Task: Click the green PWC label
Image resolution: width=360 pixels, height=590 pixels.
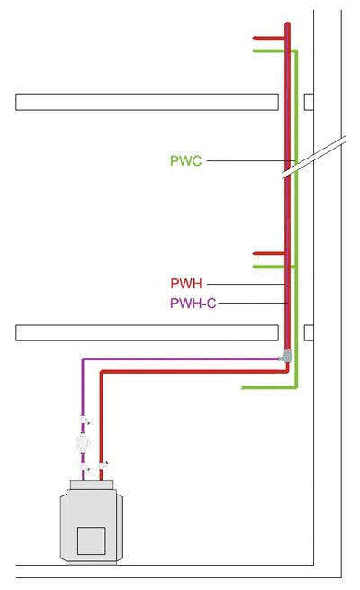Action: click(x=186, y=160)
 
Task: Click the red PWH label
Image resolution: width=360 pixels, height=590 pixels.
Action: click(x=186, y=284)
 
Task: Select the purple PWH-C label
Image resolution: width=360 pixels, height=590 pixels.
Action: click(x=193, y=303)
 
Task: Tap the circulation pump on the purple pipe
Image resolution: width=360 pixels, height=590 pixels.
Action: click(x=83, y=442)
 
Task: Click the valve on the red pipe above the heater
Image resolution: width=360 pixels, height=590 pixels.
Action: click(x=103, y=465)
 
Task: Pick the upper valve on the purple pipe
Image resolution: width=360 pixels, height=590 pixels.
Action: click(x=85, y=420)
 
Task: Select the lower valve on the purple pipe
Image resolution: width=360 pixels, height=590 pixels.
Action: click(x=85, y=467)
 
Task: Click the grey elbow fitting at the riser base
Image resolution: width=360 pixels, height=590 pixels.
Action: click(x=285, y=356)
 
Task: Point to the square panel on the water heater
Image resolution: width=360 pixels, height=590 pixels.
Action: click(x=91, y=540)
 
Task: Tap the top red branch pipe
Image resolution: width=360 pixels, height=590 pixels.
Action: click(x=269, y=38)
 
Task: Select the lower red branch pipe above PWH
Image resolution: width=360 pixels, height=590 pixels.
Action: click(x=269, y=253)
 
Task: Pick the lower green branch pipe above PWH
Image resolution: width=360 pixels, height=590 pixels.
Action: click(x=273, y=267)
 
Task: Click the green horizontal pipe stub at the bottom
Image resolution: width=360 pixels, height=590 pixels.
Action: click(x=269, y=386)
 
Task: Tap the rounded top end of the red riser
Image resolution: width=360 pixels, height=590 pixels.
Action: click(x=287, y=24)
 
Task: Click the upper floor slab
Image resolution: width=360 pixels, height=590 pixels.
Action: click(x=147, y=102)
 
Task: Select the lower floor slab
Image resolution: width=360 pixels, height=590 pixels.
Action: click(x=147, y=332)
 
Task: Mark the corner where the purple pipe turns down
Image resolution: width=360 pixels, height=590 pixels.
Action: click(x=83, y=359)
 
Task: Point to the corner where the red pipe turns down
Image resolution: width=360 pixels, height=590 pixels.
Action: click(x=101, y=372)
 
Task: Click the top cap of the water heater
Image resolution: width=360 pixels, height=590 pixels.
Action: click(x=91, y=485)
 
